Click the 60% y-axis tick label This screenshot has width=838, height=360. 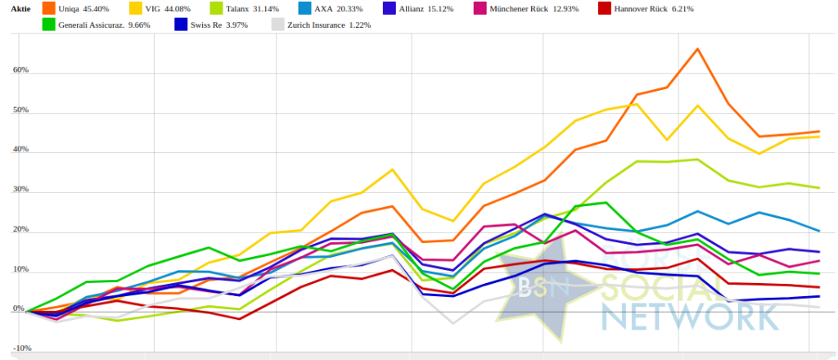(20, 70)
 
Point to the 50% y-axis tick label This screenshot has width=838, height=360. (20, 110)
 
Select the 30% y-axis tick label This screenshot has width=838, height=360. (20, 190)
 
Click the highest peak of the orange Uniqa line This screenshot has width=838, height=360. (697, 49)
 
